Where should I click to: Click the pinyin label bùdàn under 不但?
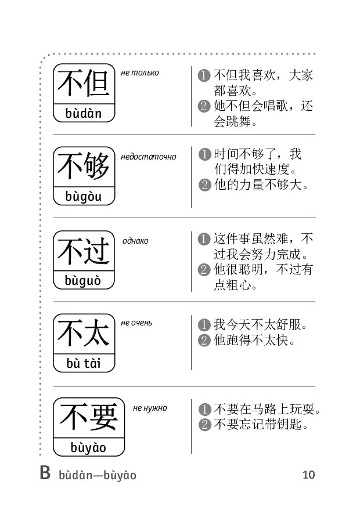pyautogui.click(x=84, y=113)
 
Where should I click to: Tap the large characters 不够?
pyautogui.click(x=84, y=166)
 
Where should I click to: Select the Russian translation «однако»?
pyautogui.click(x=135, y=241)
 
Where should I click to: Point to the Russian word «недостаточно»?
pyautogui.click(x=148, y=157)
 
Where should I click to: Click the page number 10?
pyautogui.click(x=308, y=475)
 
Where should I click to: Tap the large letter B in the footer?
pyautogui.click(x=45, y=473)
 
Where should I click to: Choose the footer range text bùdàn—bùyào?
pyautogui.click(x=98, y=475)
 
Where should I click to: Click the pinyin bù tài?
pyautogui.click(x=84, y=363)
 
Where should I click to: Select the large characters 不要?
pyautogui.click(x=89, y=417)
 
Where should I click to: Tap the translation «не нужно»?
pyautogui.click(x=150, y=408)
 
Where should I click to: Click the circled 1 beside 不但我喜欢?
pyautogui.click(x=204, y=75)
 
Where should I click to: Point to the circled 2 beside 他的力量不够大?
pyautogui.click(x=205, y=185)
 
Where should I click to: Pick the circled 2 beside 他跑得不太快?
pyautogui.click(x=204, y=341)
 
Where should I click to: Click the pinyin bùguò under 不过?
pyautogui.click(x=82, y=281)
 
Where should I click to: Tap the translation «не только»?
pyautogui.click(x=140, y=73)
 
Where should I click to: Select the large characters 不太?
pyautogui.click(x=84, y=333)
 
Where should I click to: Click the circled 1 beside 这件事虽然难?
pyautogui.click(x=204, y=238)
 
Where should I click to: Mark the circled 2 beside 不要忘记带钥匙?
pyautogui.click(x=205, y=425)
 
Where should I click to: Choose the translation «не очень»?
pyautogui.click(x=136, y=323)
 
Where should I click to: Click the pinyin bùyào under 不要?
pyautogui.click(x=88, y=448)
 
